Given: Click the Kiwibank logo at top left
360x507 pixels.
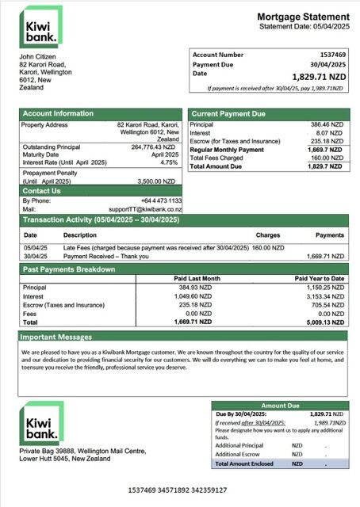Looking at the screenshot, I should tap(40, 28).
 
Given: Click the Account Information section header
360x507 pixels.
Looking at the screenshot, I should tap(58, 113).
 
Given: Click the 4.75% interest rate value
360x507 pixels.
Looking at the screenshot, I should tap(168, 162).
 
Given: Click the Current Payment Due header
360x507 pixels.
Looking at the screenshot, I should tap(228, 114).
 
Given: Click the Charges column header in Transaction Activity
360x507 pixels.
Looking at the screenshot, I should tap(268, 235).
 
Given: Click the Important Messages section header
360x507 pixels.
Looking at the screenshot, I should tap(57, 337).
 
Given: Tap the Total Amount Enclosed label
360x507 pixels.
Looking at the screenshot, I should tap(245, 463).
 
